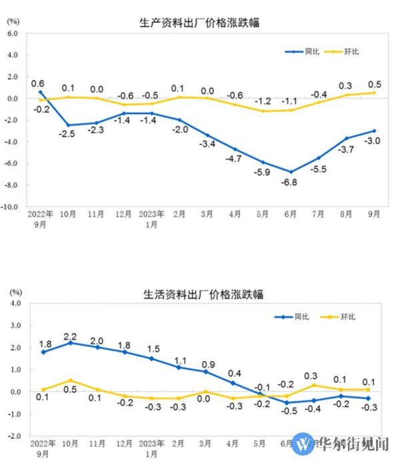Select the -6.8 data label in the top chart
290,181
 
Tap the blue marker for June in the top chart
290,171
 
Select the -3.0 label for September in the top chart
373,141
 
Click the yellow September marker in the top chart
373,93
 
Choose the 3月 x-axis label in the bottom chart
207,442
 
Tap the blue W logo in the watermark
303,444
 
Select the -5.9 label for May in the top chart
262,173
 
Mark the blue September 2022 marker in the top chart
41,92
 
